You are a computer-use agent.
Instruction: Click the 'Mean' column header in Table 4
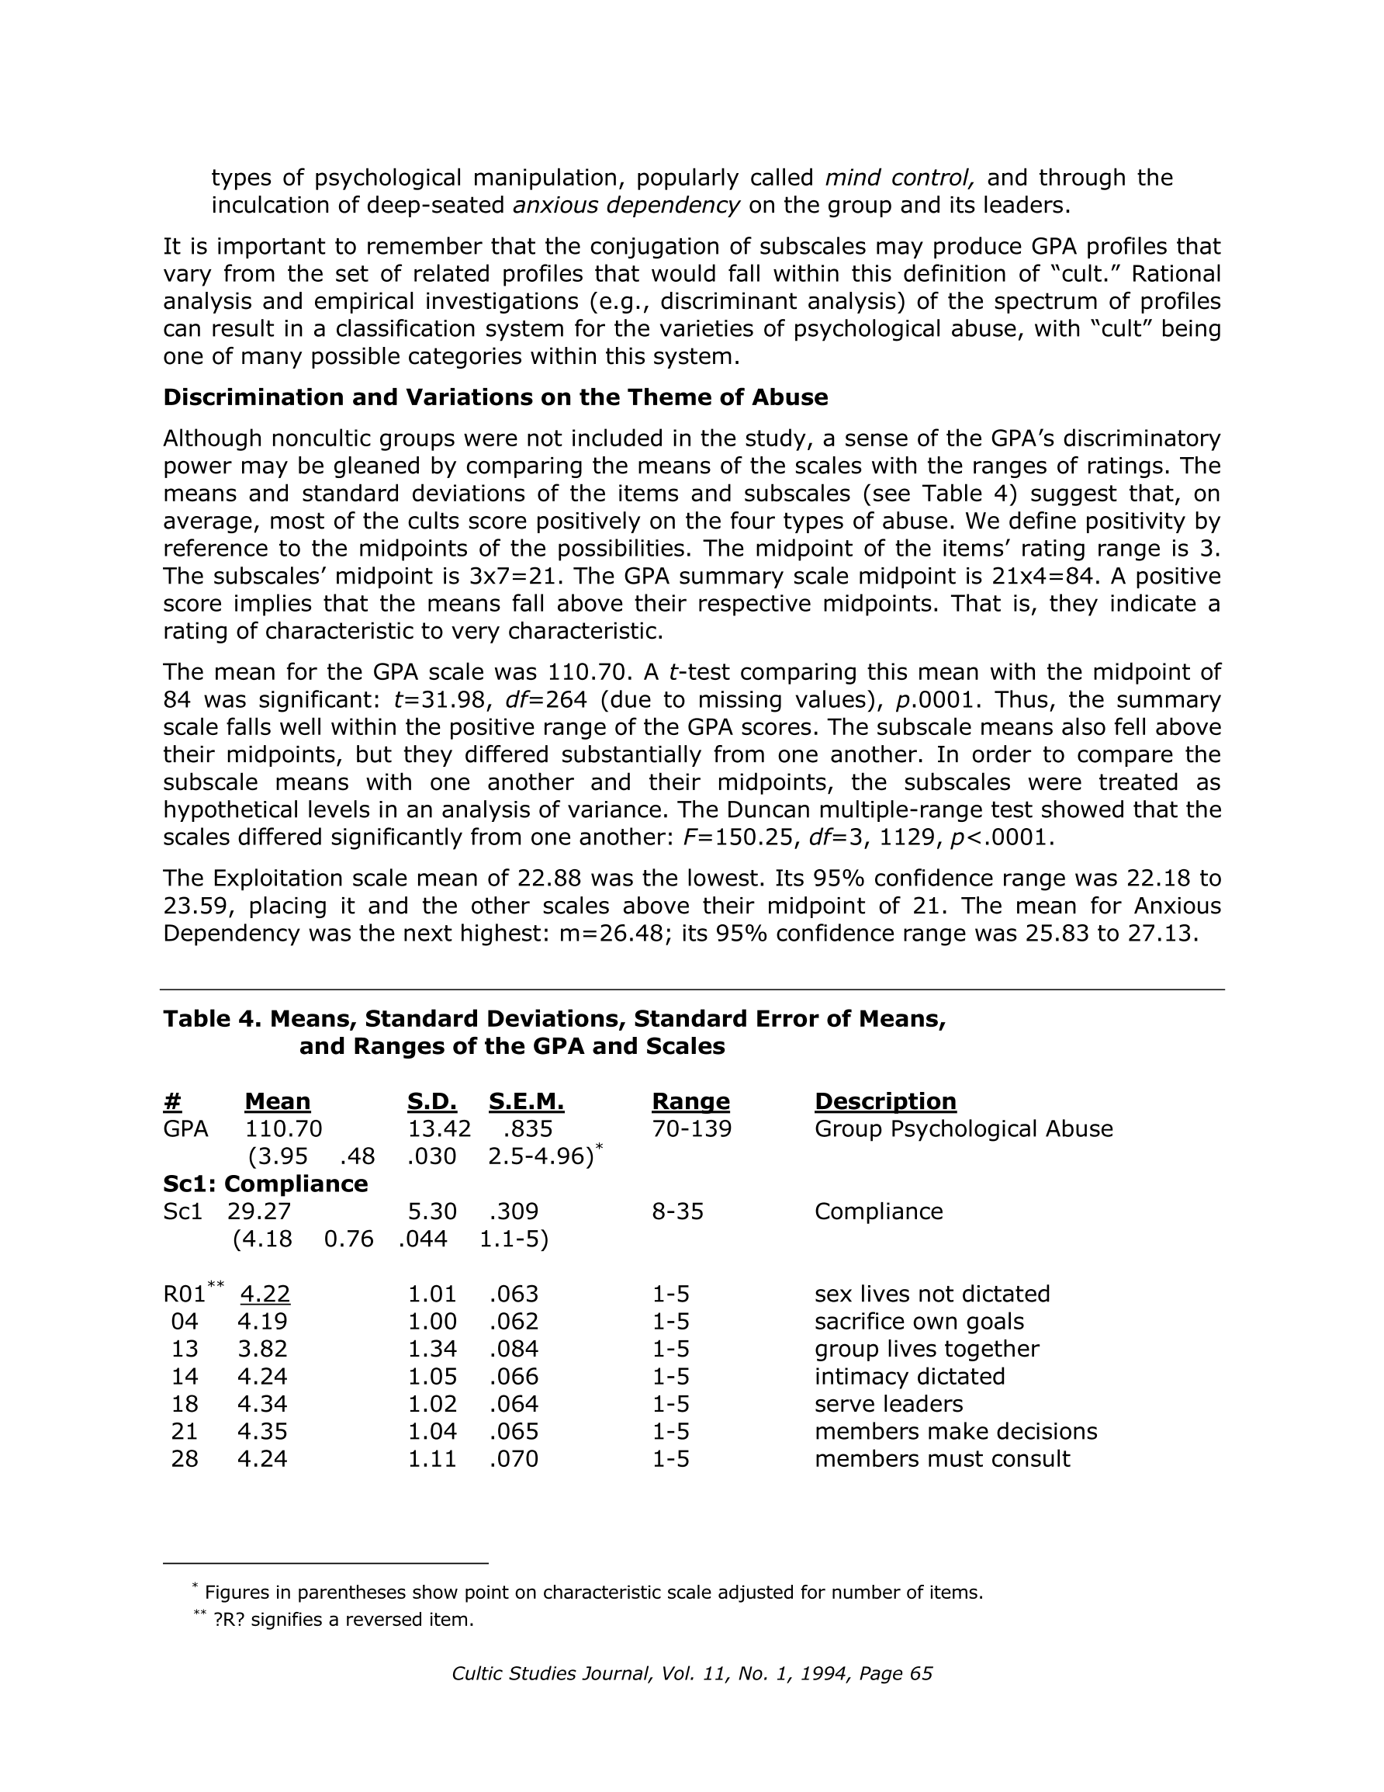277,1101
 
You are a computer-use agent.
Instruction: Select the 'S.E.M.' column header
526,1101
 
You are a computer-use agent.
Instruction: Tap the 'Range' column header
690,1101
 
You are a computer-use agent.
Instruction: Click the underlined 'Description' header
885,1101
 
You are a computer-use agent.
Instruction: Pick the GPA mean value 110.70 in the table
284,1129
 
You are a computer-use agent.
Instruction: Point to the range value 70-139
691,1129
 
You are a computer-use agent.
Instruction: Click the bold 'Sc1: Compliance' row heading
265,1184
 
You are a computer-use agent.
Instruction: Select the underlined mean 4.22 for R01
265,1294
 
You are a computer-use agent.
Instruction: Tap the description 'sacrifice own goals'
919,1322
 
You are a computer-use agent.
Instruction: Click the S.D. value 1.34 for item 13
431,1349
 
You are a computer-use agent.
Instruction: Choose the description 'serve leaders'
888,1404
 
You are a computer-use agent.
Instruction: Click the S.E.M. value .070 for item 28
514,1459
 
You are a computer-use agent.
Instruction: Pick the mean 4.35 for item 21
262,1432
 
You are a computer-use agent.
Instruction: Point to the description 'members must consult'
942,1459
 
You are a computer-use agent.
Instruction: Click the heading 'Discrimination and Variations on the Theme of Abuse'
496,397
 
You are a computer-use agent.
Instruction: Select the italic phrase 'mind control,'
900,178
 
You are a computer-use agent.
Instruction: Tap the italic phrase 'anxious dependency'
626,205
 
